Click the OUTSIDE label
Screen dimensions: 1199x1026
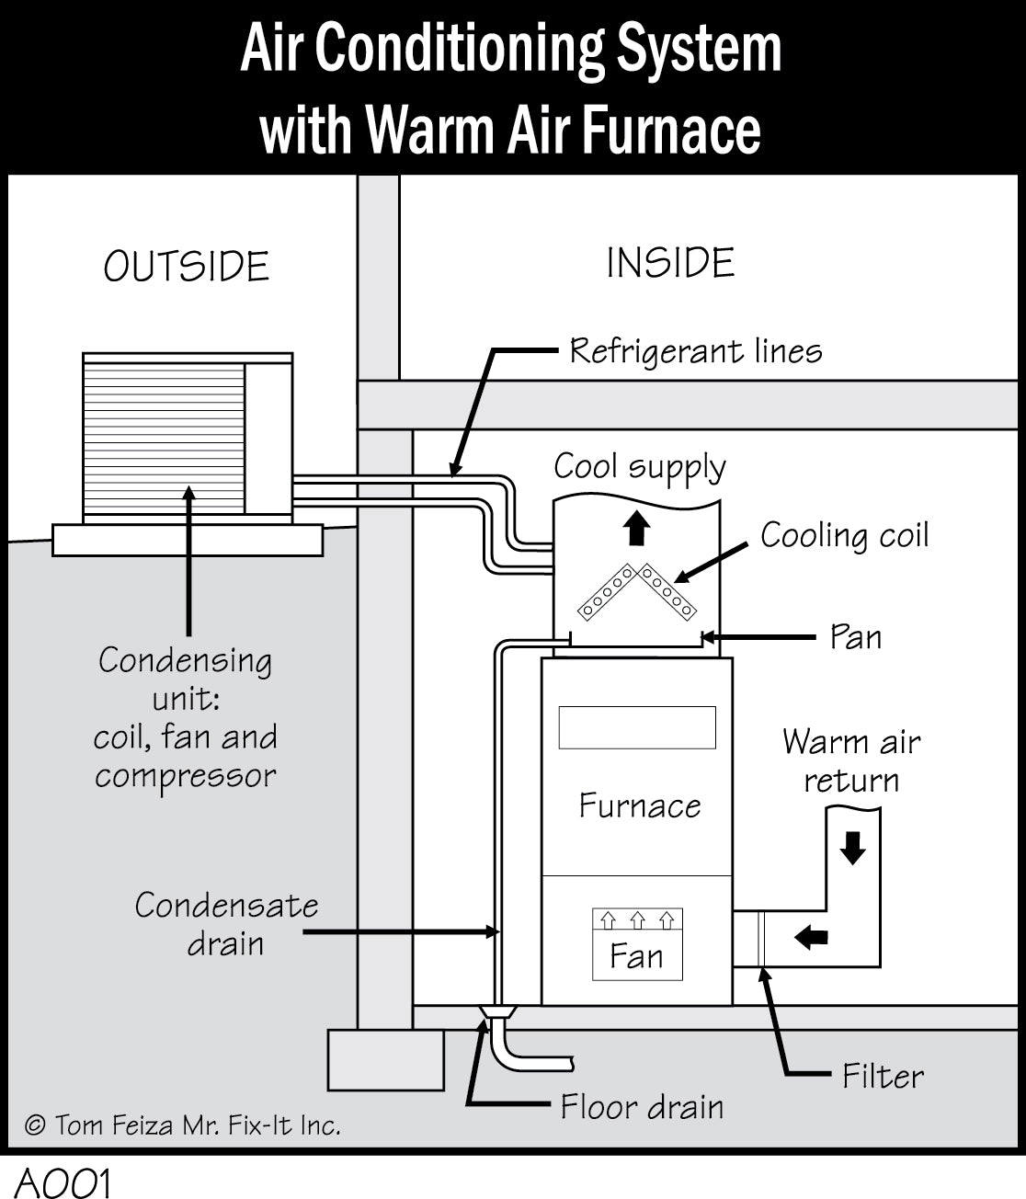(187, 267)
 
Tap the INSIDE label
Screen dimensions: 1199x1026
(670, 263)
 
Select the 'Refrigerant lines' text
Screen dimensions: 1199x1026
(695, 351)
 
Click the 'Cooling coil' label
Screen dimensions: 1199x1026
(844, 536)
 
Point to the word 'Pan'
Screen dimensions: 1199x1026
(855, 637)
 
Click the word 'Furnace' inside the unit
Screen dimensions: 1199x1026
(639, 806)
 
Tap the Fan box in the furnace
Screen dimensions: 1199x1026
(637, 944)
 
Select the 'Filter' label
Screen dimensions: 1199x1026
(883, 1076)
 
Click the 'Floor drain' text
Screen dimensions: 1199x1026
(642, 1107)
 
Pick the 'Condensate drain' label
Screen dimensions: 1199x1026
(226, 925)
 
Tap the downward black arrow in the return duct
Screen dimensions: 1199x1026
(853, 848)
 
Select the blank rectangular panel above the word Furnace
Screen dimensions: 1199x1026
(637, 727)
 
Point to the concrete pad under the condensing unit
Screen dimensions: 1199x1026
(188, 540)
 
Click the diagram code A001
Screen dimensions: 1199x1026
(63, 1182)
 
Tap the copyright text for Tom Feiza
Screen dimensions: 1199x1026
(183, 1125)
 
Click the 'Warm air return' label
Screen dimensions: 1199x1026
(851, 761)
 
